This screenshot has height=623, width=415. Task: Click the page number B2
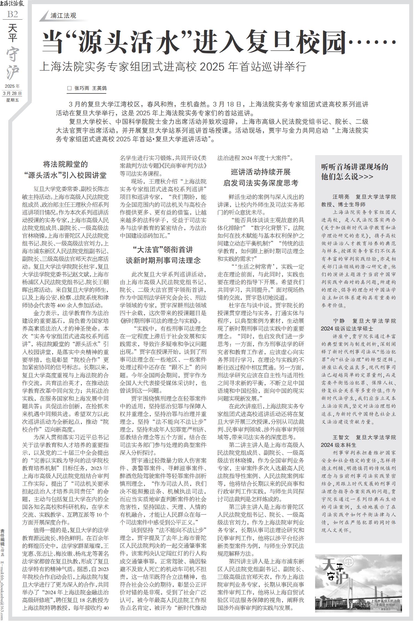(12, 14)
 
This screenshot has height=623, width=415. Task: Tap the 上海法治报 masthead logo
(12, 4)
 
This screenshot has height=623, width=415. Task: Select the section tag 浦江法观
(63, 16)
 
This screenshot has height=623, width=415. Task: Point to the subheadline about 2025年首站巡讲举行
(173, 67)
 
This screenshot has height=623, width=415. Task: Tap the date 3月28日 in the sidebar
(12, 93)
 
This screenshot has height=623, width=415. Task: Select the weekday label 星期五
(12, 100)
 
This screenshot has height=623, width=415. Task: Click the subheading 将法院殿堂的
(65, 165)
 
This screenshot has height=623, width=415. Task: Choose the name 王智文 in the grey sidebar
(341, 437)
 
